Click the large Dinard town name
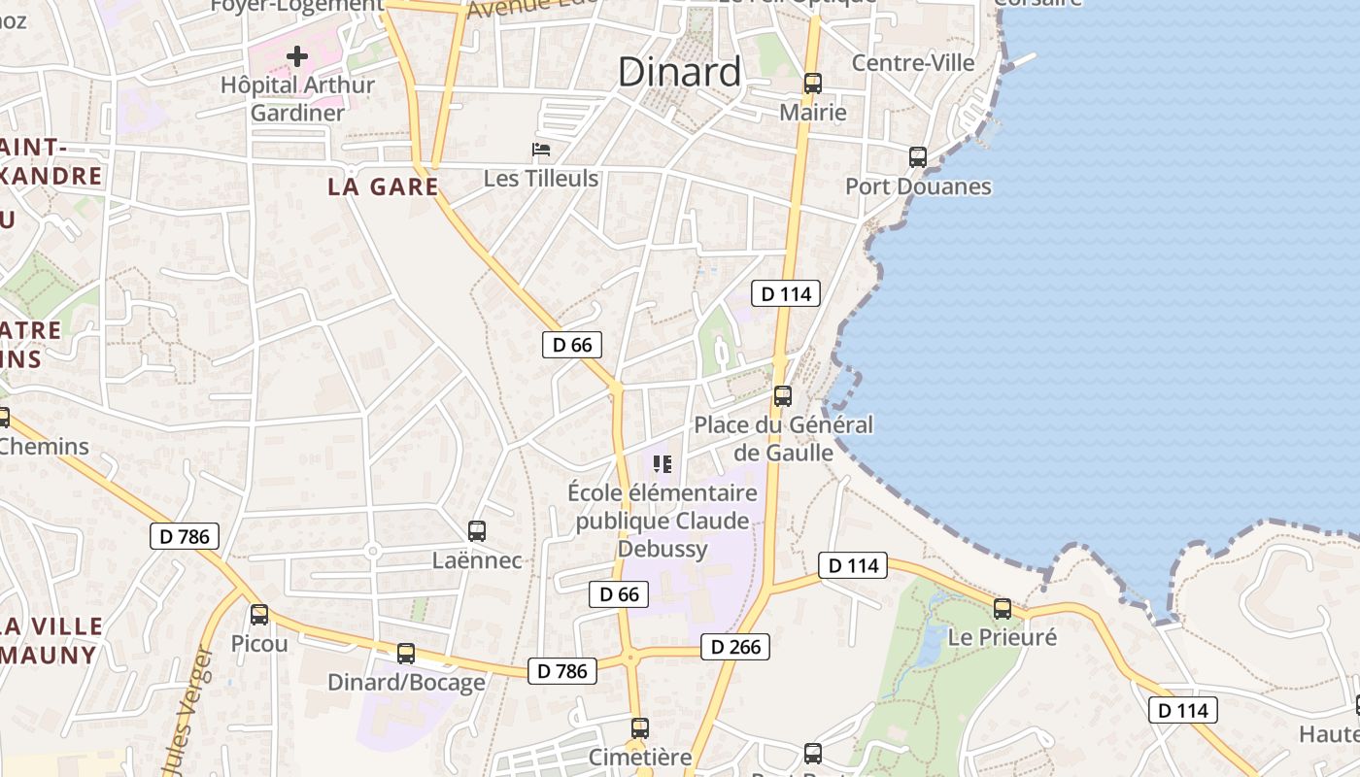pyautogui.click(x=679, y=72)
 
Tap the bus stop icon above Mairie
pyautogui.click(x=813, y=84)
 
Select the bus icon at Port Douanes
pyautogui.click(x=918, y=157)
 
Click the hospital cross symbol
pyautogui.click(x=297, y=56)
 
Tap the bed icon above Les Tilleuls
pyautogui.click(x=541, y=150)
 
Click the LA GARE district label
pyautogui.click(x=383, y=187)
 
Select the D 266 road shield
pyautogui.click(x=734, y=647)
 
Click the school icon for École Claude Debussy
pyautogui.click(x=663, y=464)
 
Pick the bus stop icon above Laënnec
pyautogui.click(x=476, y=531)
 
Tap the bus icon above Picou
pyautogui.click(x=258, y=615)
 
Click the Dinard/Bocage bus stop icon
pyautogui.click(x=406, y=654)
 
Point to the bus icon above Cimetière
pyautogui.click(x=639, y=728)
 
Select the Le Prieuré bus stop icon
pyautogui.click(x=1002, y=609)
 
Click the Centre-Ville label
pyautogui.click(x=913, y=63)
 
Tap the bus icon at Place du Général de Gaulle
pyautogui.click(x=782, y=396)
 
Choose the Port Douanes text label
pyautogui.click(x=918, y=186)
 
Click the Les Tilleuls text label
pyautogui.click(x=541, y=179)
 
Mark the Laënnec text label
pyautogui.click(x=476, y=560)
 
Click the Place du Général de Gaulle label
pyautogui.click(x=783, y=439)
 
